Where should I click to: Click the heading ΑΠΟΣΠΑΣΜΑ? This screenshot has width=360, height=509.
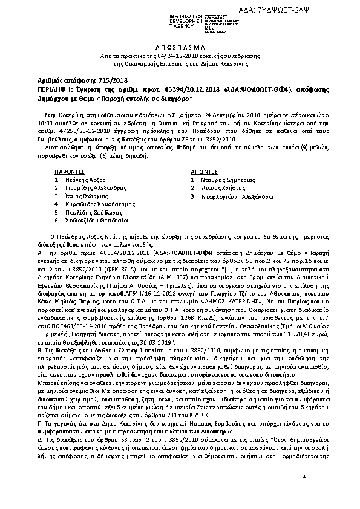(180, 45)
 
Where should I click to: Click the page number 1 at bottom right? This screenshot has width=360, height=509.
(304, 478)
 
